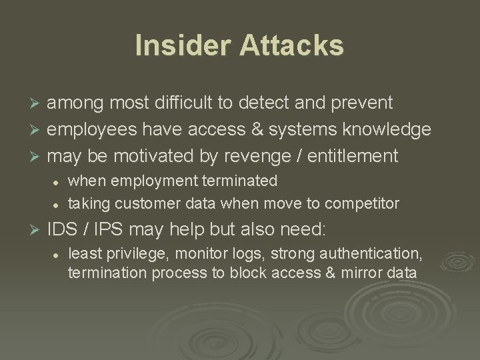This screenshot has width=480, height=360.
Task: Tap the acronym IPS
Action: tap(110, 230)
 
